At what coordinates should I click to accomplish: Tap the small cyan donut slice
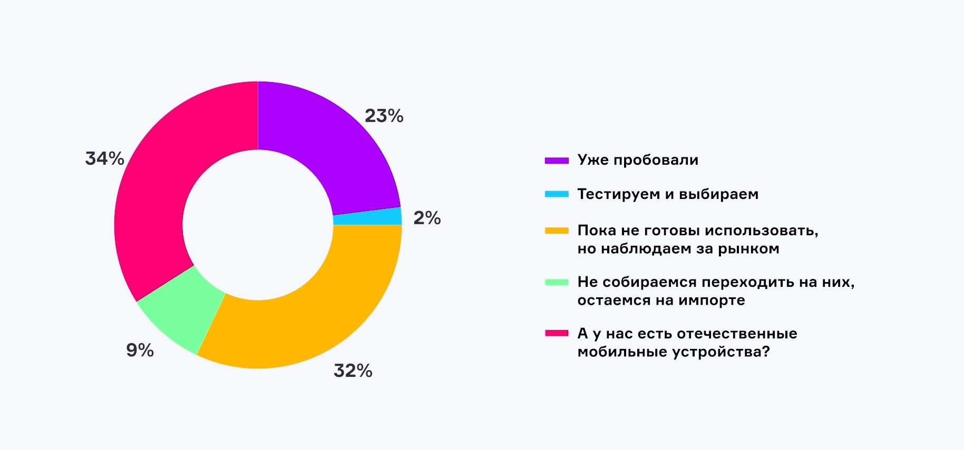click(x=367, y=216)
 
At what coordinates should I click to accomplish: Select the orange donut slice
click(x=311, y=311)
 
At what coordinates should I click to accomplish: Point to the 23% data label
click(x=384, y=116)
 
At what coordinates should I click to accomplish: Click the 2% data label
click(x=427, y=218)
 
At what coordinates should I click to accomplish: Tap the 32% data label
click(x=353, y=371)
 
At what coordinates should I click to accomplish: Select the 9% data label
click(x=140, y=350)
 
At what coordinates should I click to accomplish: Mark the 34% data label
click(x=104, y=158)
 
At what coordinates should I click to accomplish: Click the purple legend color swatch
click(x=557, y=161)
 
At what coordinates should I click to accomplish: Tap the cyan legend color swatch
click(x=557, y=194)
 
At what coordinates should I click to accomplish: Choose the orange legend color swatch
click(x=557, y=231)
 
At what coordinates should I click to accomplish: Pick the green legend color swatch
click(x=557, y=282)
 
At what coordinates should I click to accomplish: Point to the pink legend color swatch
click(x=557, y=333)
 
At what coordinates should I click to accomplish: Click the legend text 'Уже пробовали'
click(x=638, y=160)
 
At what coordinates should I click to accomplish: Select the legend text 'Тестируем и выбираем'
click(x=668, y=194)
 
